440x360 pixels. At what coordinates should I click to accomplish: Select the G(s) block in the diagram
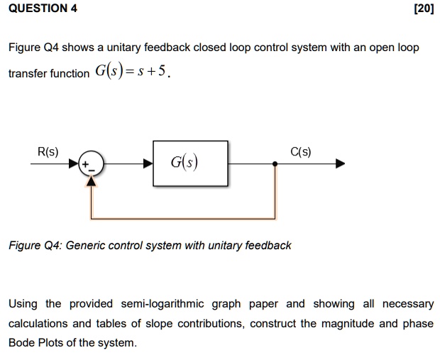190,163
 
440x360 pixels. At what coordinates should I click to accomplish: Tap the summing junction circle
90,163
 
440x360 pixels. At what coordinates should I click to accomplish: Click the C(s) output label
300,151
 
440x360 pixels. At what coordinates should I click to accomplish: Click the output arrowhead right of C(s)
341,163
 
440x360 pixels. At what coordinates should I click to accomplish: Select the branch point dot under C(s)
275,163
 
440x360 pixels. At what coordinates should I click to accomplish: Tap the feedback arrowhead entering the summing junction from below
90,180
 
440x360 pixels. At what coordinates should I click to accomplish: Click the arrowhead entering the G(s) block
148,163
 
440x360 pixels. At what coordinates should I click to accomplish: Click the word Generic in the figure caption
85,245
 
